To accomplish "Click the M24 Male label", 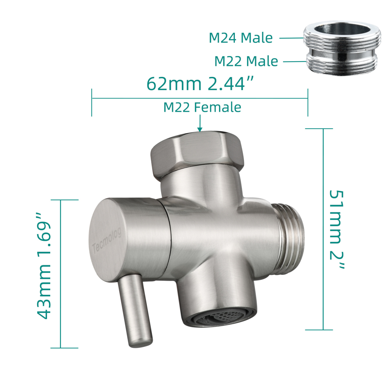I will point(240,38).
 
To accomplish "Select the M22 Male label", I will point(246,62).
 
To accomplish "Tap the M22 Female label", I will point(202,107).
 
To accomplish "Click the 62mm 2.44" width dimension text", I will point(200,83).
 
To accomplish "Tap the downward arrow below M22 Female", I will point(200,124).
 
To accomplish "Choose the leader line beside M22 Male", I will point(294,62).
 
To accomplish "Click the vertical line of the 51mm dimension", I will point(323,229).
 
